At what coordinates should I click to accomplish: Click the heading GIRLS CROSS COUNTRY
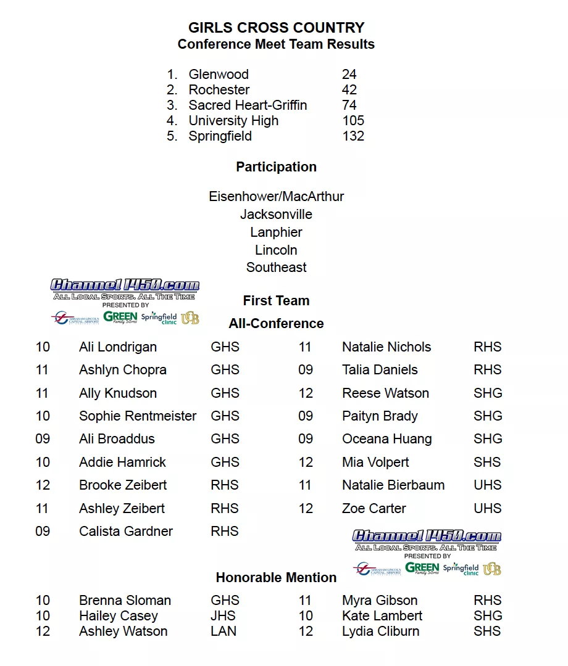coord(276,28)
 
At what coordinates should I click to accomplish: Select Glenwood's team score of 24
coord(349,75)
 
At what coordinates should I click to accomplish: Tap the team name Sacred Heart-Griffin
coord(248,105)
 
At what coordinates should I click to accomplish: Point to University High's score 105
coord(353,121)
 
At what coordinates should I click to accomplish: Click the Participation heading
coord(276,167)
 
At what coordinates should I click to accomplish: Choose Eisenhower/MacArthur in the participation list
coord(276,197)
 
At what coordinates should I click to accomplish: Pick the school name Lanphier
coord(276,232)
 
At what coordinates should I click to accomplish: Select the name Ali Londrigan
coord(118,347)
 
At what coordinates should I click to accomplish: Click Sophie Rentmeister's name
coord(138,416)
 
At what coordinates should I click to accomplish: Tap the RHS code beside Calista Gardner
coord(225,532)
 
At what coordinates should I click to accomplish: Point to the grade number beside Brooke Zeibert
coord(43,485)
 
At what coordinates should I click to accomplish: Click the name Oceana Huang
coord(386,439)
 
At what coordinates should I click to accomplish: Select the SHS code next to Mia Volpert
coord(487,462)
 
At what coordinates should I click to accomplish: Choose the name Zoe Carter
coord(374,509)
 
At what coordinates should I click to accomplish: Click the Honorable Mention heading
coord(276,578)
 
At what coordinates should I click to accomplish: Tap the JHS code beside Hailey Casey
coord(223,616)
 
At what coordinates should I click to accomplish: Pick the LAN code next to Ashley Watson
coord(223,631)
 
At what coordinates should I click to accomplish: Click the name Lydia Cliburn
coord(380,631)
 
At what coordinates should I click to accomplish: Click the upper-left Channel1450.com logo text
coord(125,286)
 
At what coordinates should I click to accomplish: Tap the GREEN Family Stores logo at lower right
coord(422,569)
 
